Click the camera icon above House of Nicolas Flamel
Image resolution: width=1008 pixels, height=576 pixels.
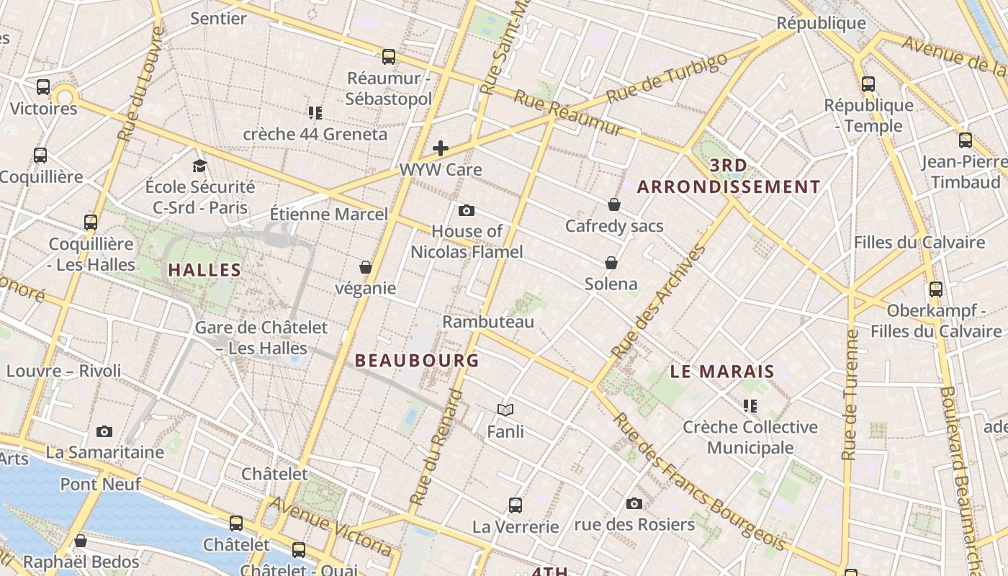[467, 210]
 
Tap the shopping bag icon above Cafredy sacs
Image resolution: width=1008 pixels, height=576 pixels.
[614, 205]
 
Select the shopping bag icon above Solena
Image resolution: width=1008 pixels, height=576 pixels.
[611, 263]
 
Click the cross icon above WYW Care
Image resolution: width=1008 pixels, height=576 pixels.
[441, 149]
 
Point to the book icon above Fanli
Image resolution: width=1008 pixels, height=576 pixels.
[505, 410]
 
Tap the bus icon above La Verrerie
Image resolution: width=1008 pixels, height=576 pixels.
[516, 505]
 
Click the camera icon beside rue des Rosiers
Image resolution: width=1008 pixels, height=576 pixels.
[634, 503]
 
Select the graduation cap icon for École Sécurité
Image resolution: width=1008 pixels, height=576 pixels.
[199, 166]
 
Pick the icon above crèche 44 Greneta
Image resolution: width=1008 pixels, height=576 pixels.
[315, 113]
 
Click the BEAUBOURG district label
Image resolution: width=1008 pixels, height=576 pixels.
[417, 360]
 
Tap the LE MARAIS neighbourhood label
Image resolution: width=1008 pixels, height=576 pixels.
[722, 372]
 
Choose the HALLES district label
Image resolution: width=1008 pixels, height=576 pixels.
[204, 270]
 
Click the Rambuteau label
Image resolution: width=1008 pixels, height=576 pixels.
[488, 321]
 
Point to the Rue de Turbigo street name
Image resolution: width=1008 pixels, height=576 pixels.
[667, 77]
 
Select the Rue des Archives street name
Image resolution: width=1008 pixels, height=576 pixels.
[658, 302]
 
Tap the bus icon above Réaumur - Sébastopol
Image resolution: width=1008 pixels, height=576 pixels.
[389, 57]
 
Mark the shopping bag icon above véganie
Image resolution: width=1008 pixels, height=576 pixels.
[366, 267]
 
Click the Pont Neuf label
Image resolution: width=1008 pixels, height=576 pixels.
[100, 484]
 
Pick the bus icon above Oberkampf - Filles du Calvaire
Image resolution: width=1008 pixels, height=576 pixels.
[936, 289]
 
